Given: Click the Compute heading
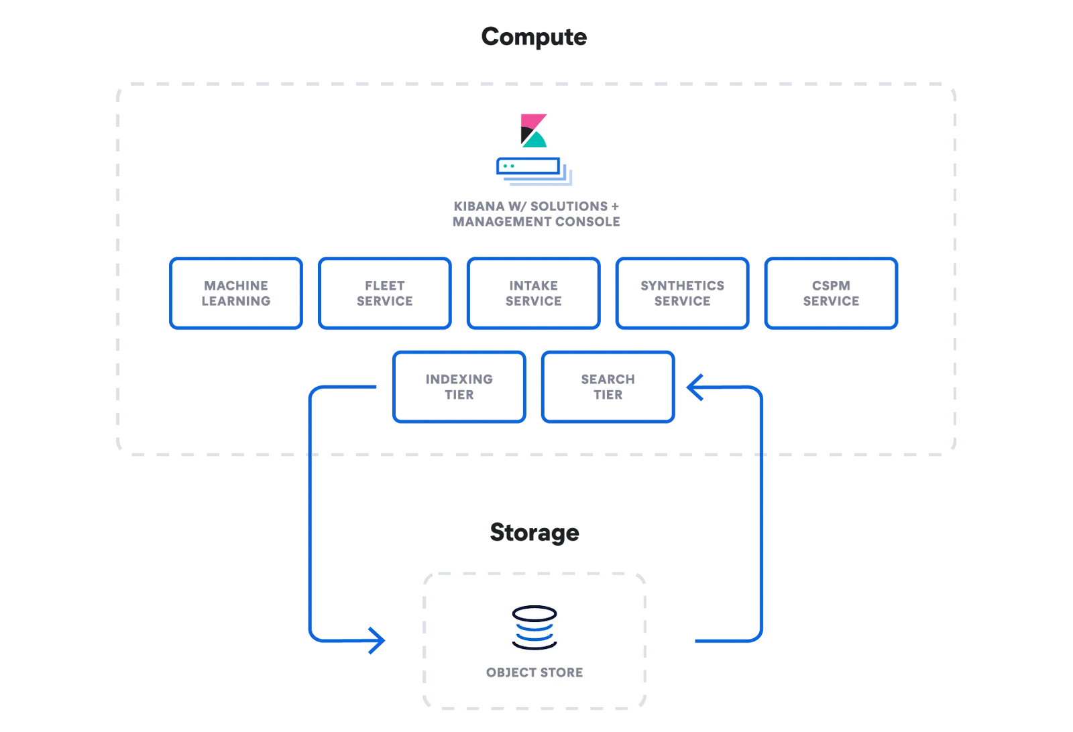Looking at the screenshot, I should [534, 37].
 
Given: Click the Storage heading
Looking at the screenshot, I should [534, 533].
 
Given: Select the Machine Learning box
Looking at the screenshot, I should [236, 294].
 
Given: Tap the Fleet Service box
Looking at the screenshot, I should [385, 294].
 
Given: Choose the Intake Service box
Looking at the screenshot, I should [533, 294].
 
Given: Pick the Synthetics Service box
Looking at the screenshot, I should [682, 294].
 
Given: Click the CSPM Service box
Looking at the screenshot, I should [831, 294].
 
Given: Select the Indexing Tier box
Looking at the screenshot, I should [459, 387].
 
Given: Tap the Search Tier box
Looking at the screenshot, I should [608, 387].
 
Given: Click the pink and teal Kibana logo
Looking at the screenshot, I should [534, 131].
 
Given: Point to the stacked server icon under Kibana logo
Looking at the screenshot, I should [534, 171].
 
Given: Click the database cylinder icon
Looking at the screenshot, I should [534, 627].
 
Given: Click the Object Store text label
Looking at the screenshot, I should [534, 672].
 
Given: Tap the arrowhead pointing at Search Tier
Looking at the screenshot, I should [695, 387].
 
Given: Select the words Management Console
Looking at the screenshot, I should [536, 222].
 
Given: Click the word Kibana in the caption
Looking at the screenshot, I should [478, 206].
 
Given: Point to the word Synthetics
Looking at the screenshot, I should [682, 286].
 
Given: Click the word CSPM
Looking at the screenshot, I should [831, 286].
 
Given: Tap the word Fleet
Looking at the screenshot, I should [385, 286].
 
